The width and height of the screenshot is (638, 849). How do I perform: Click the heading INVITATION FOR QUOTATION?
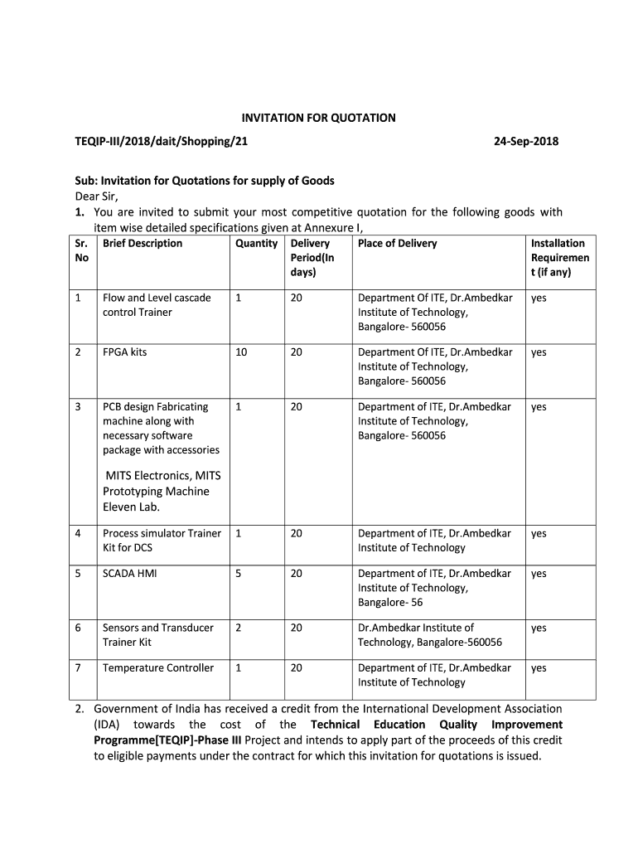(x=318, y=118)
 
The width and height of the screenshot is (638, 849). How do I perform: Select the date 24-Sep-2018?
(x=526, y=141)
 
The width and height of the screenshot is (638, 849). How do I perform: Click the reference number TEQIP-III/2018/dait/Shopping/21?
(x=162, y=141)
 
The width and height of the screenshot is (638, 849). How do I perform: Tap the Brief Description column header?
(x=143, y=243)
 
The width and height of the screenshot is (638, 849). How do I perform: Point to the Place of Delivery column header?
(x=397, y=243)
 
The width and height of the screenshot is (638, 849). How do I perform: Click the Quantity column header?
(x=256, y=243)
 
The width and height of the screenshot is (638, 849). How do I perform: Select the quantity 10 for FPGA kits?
(x=241, y=352)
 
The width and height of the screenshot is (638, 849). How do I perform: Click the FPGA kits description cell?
(x=124, y=352)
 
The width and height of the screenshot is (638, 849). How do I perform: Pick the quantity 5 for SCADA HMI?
(x=239, y=574)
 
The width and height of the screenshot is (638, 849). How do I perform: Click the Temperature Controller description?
(x=157, y=668)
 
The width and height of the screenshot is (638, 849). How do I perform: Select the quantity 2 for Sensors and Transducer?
(x=239, y=628)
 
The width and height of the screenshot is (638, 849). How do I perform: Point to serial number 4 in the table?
(x=78, y=534)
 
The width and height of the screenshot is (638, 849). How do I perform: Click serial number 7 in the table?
(x=78, y=668)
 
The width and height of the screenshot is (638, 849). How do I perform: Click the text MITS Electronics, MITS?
(x=162, y=476)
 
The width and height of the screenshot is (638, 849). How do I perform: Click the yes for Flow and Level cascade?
(x=539, y=298)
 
